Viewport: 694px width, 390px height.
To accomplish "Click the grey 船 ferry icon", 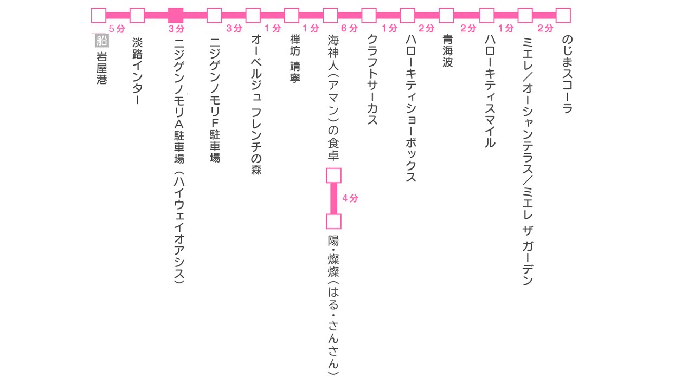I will [x=101, y=40].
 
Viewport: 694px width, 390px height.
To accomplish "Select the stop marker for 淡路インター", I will [x=137, y=15].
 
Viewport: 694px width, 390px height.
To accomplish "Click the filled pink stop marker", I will [x=176, y=15].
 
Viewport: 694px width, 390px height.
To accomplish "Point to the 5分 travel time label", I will [x=117, y=28].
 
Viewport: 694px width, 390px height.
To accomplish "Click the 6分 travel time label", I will [x=350, y=28].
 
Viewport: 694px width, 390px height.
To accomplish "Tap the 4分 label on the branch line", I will [x=350, y=199].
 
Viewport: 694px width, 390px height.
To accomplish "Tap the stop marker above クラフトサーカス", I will [x=369, y=15].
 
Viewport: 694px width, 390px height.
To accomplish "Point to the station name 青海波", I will [x=447, y=51].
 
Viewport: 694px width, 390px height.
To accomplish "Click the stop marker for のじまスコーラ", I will [x=563, y=15].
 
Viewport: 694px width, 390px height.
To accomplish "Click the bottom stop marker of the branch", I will [x=333, y=222].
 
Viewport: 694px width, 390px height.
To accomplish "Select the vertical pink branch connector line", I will [x=333, y=198].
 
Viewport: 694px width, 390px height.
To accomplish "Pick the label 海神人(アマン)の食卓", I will [x=333, y=97].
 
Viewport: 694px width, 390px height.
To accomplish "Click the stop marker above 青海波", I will [x=446, y=15].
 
